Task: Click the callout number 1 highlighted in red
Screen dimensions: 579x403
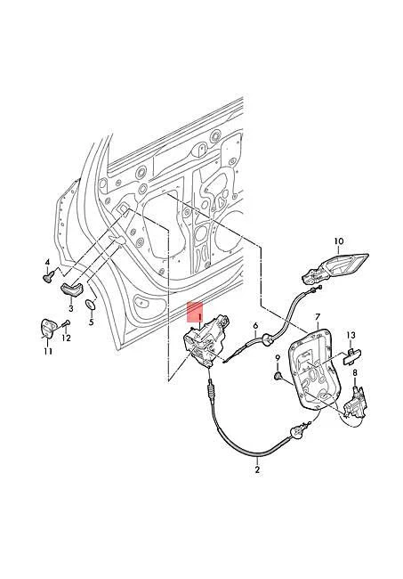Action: pyautogui.click(x=200, y=315)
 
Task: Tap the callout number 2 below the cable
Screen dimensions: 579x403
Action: pyautogui.click(x=258, y=469)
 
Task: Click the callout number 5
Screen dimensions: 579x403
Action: pyautogui.click(x=90, y=321)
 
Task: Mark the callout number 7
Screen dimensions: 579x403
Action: pyautogui.click(x=317, y=317)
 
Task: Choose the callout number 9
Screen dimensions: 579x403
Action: pyautogui.click(x=278, y=359)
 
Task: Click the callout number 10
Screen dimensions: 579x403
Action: pyautogui.click(x=338, y=241)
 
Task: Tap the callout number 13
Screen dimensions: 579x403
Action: pyautogui.click(x=351, y=336)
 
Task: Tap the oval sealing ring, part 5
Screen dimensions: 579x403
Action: pyautogui.click(x=90, y=307)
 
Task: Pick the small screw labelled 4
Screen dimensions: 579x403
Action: pyautogui.click(x=45, y=277)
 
